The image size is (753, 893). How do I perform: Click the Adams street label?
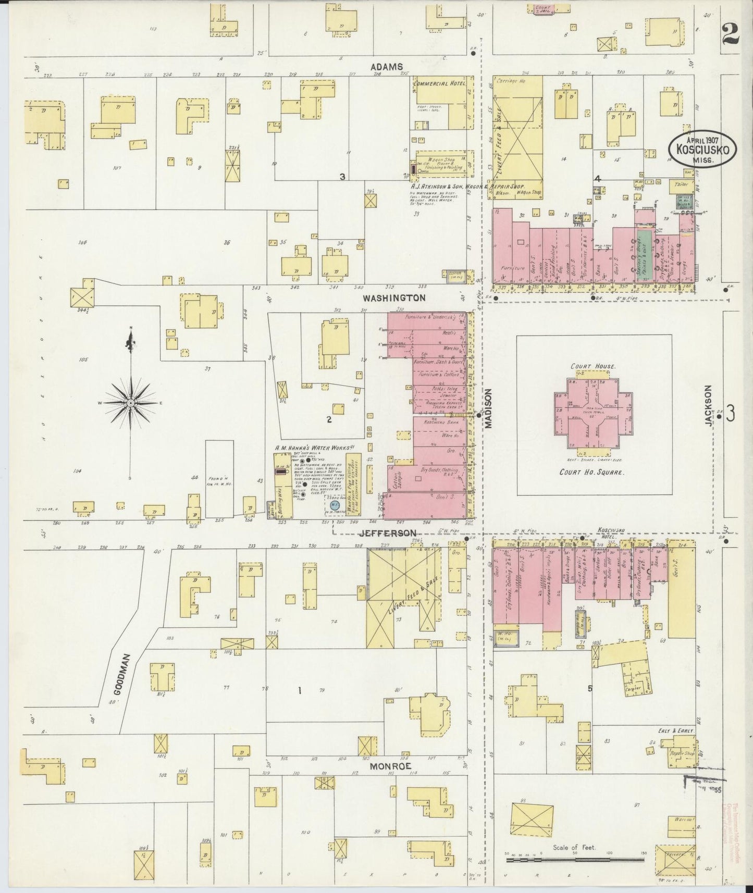coord(387,67)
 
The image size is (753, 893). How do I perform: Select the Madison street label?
coord(489,410)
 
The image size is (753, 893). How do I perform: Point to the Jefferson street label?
coord(389,533)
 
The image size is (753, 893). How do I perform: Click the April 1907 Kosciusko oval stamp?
coord(702,148)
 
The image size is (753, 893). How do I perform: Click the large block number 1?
coord(300,691)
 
